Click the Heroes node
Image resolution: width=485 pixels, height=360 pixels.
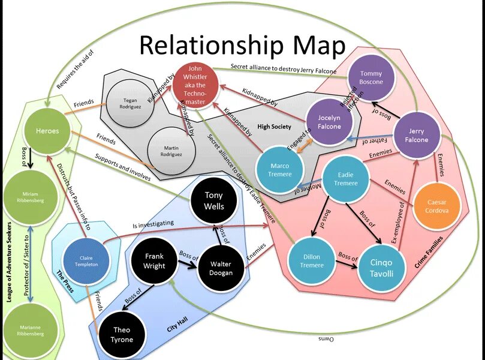47,131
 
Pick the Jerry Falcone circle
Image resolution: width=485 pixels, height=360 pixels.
416,136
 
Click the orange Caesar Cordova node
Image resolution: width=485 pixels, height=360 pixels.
436,202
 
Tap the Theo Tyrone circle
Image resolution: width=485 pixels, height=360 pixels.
121,335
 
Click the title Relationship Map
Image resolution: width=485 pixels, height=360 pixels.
243,46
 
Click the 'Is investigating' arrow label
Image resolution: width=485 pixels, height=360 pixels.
153,224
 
